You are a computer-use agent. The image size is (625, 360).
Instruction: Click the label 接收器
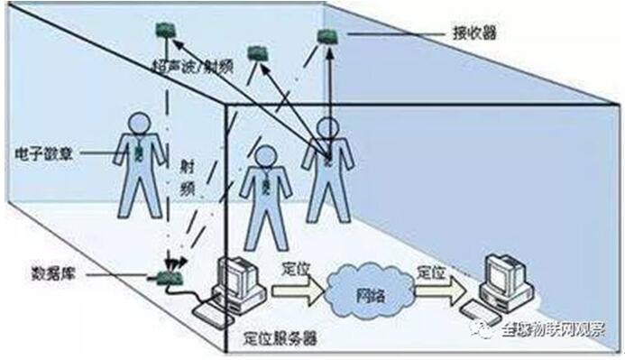pyautogui.click(x=474, y=33)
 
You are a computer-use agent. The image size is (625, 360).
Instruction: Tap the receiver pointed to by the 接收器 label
pyautogui.click(x=326, y=36)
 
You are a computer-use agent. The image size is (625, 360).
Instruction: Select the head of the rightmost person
pyautogui.click(x=327, y=127)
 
